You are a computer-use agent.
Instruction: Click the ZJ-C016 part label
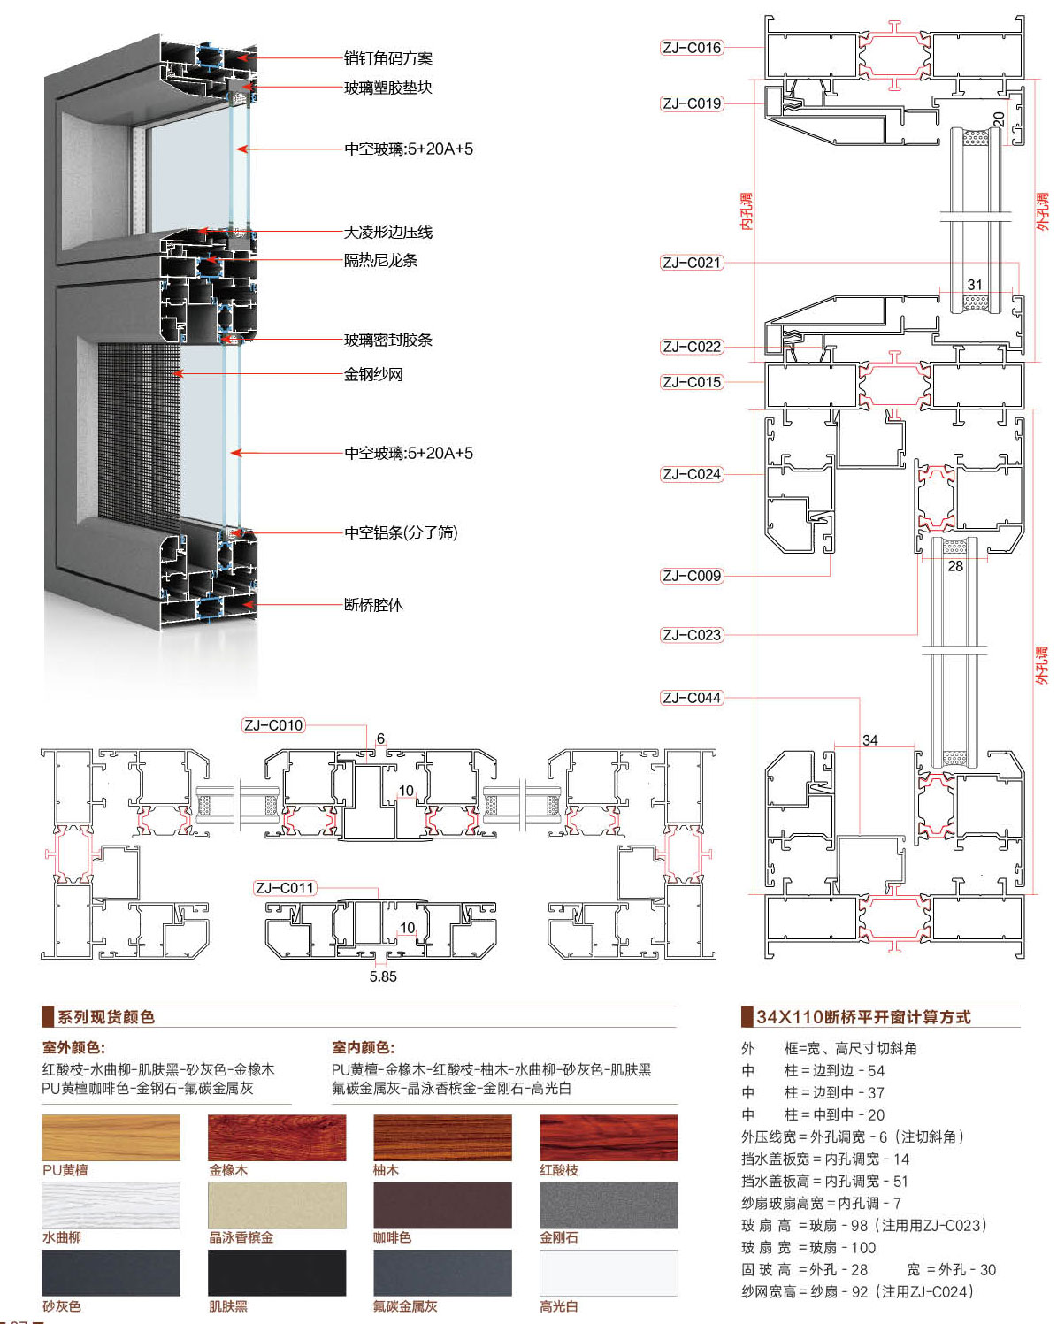click(692, 48)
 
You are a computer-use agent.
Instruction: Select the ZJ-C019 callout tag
click(692, 103)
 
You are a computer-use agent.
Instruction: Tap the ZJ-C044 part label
click(692, 698)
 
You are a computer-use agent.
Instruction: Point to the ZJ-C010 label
click(273, 725)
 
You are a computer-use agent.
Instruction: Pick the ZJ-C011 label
click(284, 888)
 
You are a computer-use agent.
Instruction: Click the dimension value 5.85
click(383, 976)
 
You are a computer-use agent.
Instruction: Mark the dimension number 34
click(869, 740)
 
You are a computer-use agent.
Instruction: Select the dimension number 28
click(955, 566)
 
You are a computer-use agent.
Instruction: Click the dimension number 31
click(975, 285)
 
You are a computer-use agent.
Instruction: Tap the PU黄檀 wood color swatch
click(111, 1137)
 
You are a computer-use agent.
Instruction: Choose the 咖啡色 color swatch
click(442, 1205)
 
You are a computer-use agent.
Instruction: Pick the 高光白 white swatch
click(609, 1273)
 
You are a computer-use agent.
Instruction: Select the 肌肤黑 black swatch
click(277, 1273)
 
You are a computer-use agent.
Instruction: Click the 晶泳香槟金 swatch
click(277, 1205)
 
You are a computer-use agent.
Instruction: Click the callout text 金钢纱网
click(373, 374)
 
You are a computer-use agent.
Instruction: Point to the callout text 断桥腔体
click(373, 605)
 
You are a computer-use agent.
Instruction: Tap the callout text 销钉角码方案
click(388, 58)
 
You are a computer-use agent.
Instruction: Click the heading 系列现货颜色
click(105, 1017)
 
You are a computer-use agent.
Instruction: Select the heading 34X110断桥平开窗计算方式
click(863, 1017)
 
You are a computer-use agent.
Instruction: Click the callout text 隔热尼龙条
click(380, 260)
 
